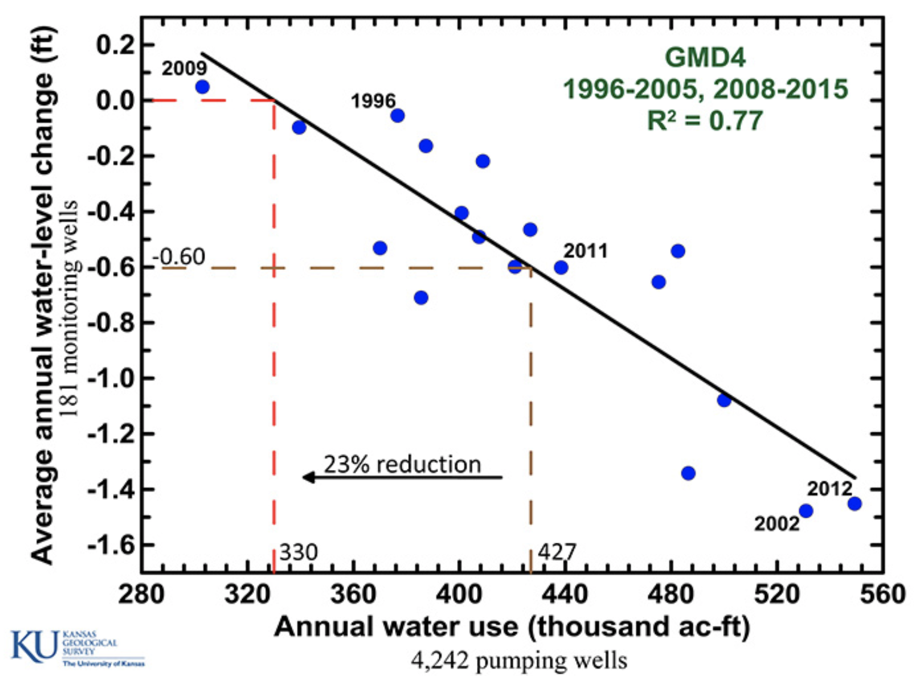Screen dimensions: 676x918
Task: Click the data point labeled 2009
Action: pyautogui.click(x=202, y=87)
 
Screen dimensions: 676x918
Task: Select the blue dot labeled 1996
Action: pyautogui.click(x=397, y=115)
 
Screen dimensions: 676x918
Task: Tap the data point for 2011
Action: pyautogui.click(x=561, y=268)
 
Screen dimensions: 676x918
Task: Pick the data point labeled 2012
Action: pyautogui.click(x=855, y=503)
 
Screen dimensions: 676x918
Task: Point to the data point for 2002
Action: pyautogui.click(x=806, y=511)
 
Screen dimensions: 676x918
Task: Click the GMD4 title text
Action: pyautogui.click(x=705, y=58)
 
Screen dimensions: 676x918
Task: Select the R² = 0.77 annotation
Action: pyautogui.click(x=705, y=121)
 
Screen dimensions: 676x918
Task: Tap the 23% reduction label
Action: pyautogui.click(x=402, y=464)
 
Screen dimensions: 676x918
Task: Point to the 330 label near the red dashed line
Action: pyautogui.click(x=298, y=552)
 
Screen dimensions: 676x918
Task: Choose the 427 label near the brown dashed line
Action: pyautogui.click(x=557, y=552)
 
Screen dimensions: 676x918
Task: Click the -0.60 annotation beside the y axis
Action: pyautogui.click(x=179, y=257)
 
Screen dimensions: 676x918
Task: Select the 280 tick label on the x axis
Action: pyautogui.click(x=141, y=595)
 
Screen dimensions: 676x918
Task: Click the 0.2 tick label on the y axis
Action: pyautogui.click(x=116, y=45)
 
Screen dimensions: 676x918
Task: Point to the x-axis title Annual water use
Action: pyautogui.click(x=512, y=627)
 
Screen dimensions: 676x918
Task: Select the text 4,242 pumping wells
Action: pyautogui.click(x=519, y=660)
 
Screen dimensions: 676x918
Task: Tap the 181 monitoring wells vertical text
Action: pyautogui.click(x=70, y=308)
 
